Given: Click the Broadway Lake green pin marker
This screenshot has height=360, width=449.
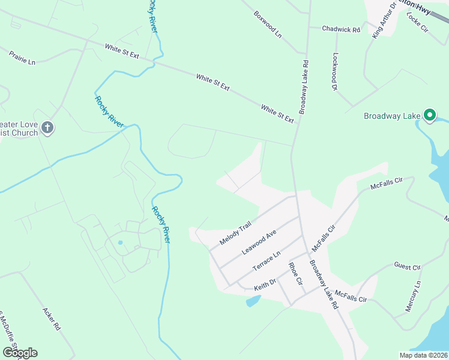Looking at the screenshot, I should [430, 114].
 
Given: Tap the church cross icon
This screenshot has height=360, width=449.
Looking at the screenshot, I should [48, 127].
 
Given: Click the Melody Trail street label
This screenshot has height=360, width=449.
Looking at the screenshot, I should [235, 234].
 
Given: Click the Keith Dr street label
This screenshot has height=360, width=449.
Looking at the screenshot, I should [264, 283].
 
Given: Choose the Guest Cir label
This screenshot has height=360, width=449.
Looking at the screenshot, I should [408, 266].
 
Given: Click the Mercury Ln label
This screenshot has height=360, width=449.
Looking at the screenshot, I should [411, 296].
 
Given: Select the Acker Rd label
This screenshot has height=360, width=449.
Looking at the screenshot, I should [52, 320].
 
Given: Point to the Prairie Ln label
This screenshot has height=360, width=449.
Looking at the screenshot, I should [22, 58].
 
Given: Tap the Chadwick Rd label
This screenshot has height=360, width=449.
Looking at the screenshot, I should [340, 29].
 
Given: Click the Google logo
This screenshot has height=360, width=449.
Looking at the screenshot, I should [19, 353].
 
